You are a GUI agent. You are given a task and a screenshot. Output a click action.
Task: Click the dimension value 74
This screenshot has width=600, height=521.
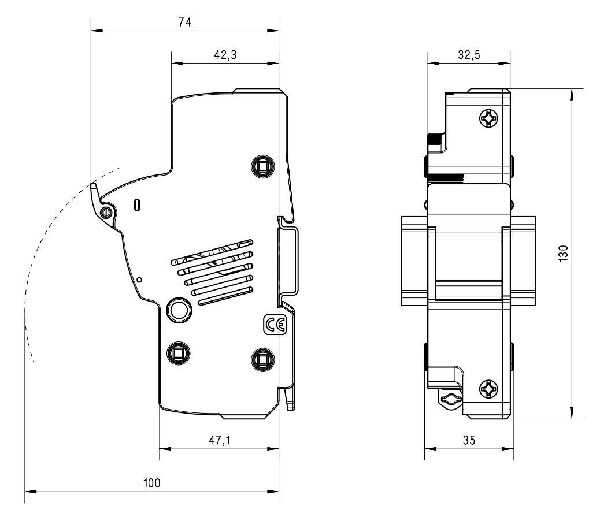point(185,22)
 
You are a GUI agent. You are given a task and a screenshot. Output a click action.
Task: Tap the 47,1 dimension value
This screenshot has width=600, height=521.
point(219,440)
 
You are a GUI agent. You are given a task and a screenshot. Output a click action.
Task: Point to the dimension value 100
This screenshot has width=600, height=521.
point(152,483)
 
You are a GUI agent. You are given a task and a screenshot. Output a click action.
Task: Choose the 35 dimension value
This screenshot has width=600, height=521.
point(469,440)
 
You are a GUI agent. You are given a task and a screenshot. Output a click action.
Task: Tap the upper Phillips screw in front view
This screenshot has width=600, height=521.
point(488,119)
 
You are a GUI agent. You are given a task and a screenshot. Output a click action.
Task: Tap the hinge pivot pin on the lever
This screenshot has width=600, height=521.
point(105,213)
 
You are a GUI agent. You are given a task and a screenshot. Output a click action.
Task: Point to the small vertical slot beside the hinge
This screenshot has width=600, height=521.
point(136,205)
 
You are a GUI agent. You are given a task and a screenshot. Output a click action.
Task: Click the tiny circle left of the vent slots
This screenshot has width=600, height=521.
point(139,278)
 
